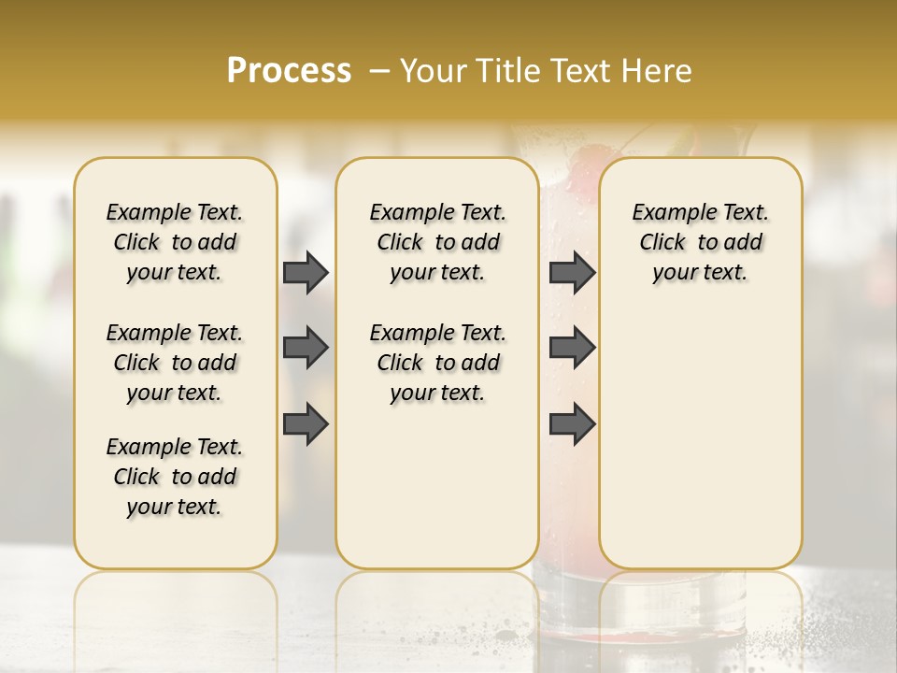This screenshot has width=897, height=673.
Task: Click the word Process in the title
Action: click(289, 71)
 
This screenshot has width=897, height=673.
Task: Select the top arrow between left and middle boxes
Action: click(306, 273)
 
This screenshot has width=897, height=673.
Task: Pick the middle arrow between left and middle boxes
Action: click(306, 348)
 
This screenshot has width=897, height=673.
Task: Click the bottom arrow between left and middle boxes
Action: click(306, 423)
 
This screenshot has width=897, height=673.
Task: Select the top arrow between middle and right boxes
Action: click(572, 273)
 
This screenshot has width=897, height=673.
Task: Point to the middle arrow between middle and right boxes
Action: click(572, 348)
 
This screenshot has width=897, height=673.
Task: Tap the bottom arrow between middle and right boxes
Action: click(572, 423)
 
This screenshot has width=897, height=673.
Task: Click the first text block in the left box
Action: click(175, 242)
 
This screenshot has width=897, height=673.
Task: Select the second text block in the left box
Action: click(175, 363)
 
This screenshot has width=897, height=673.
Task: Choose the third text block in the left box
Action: click(175, 477)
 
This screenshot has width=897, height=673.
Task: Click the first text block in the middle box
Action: click(437, 242)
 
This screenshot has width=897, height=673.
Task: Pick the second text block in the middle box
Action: click(437, 363)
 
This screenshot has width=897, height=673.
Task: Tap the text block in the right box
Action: click(700, 242)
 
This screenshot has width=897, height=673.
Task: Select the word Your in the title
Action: click(431, 71)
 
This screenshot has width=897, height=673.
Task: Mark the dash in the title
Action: click(379, 71)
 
